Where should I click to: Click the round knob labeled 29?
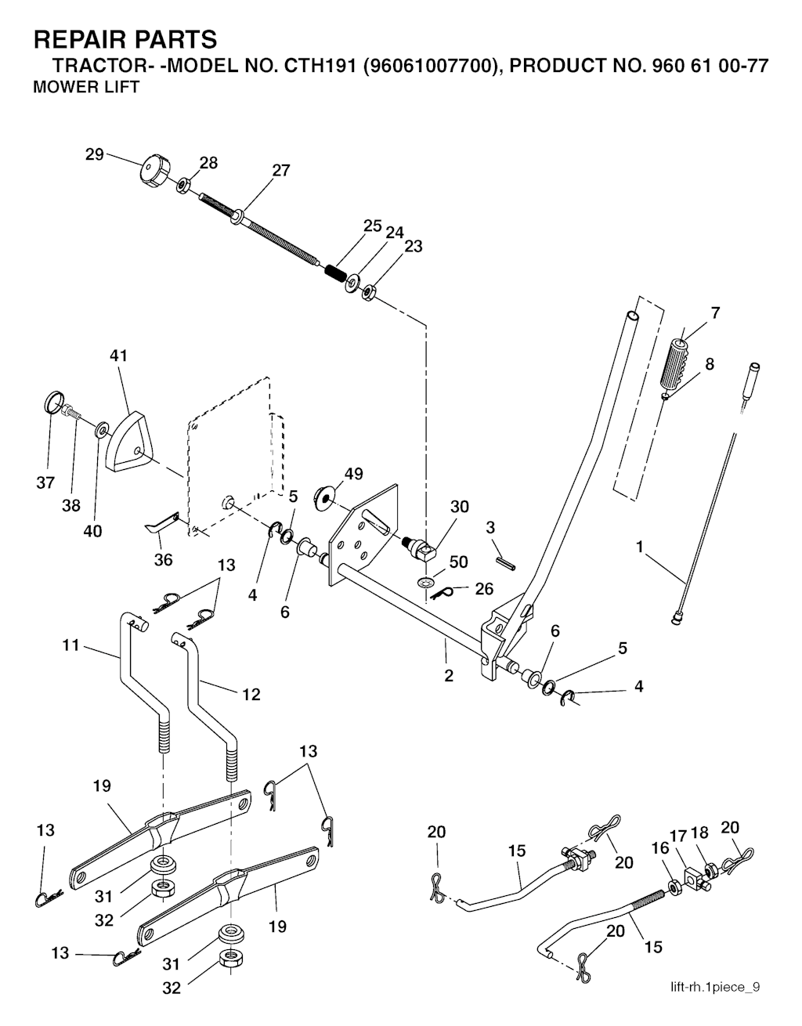click(x=154, y=171)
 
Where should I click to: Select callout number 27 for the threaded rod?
click(x=280, y=171)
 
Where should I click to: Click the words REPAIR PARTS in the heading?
click(x=125, y=39)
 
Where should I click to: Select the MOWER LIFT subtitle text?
click(x=86, y=88)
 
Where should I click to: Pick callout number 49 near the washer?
click(x=353, y=475)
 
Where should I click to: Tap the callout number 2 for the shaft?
click(x=449, y=675)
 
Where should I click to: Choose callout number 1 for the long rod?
click(x=641, y=547)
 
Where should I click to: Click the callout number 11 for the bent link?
click(x=71, y=647)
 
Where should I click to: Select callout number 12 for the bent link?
click(x=251, y=694)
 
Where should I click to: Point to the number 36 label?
click(x=163, y=560)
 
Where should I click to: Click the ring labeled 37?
click(x=51, y=405)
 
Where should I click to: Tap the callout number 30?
click(x=459, y=507)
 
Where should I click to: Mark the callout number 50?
click(x=459, y=562)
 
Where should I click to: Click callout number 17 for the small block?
click(x=677, y=836)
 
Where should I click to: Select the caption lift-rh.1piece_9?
click(x=714, y=988)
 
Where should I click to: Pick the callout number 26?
click(x=484, y=589)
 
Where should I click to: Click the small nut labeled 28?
click(x=182, y=186)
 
